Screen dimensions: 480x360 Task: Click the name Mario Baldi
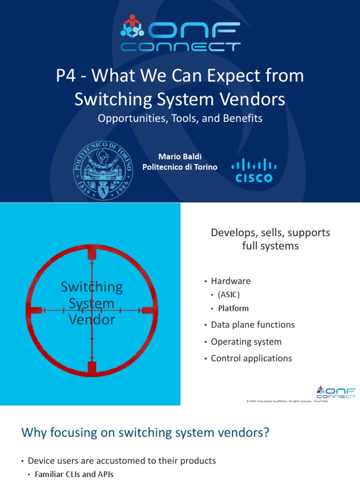(x=180, y=156)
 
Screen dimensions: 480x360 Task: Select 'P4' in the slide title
(x=66, y=76)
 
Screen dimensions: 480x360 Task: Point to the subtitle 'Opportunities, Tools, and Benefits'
(x=180, y=118)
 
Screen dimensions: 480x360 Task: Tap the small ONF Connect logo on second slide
(x=335, y=392)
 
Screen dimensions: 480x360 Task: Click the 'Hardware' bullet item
(x=231, y=281)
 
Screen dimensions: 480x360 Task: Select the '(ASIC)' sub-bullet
(x=228, y=295)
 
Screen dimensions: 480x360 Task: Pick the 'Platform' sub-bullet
(x=233, y=308)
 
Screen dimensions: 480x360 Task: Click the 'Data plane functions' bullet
(x=253, y=325)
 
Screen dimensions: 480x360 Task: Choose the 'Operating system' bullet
(x=246, y=342)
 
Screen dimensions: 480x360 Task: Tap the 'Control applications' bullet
(x=251, y=359)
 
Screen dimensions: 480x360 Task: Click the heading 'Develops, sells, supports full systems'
(x=270, y=239)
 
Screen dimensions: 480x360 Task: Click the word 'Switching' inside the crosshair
(x=92, y=286)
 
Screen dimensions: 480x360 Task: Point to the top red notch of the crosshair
(x=92, y=254)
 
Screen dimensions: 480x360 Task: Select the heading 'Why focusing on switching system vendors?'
(x=145, y=433)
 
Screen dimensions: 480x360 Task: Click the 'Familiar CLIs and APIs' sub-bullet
(x=74, y=474)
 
